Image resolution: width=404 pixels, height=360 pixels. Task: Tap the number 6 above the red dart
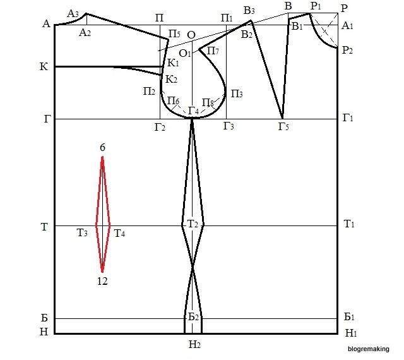pos(102,147)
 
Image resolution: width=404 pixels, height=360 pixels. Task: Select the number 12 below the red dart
pos(102,281)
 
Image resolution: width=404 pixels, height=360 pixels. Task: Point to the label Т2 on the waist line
pos(193,225)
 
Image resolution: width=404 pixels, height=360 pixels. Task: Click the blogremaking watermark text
pos(369,347)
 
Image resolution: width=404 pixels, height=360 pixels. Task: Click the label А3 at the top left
pos(73,13)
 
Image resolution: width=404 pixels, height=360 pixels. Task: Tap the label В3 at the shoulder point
pos(249,9)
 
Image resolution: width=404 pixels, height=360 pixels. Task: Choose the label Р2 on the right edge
pos(347,51)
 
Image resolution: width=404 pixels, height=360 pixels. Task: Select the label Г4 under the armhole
pos(194,111)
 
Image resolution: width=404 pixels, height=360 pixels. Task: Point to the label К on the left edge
pos(44,66)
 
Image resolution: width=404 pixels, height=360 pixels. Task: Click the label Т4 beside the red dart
pos(119,234)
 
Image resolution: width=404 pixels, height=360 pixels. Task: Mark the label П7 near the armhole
pos(213,51)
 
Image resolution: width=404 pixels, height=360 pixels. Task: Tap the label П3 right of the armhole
pos(236,93)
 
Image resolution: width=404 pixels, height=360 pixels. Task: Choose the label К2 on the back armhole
pos(171,79)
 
